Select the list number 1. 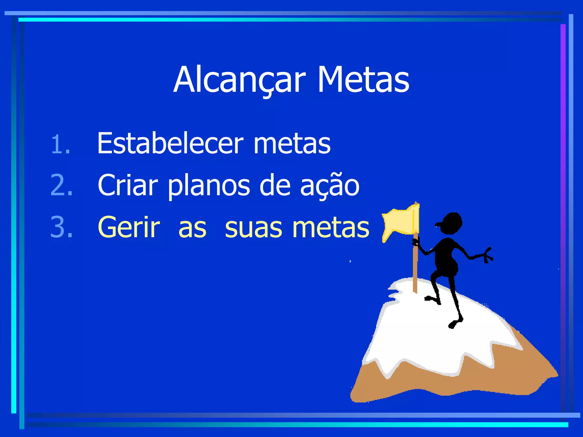[x=61, y=145]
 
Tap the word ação [x=330, y=185]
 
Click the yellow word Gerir [x=129, y=227]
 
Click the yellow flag [x=401, y=222]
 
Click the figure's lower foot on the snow [x=454, y=323]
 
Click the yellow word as [x=192, y=229]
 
